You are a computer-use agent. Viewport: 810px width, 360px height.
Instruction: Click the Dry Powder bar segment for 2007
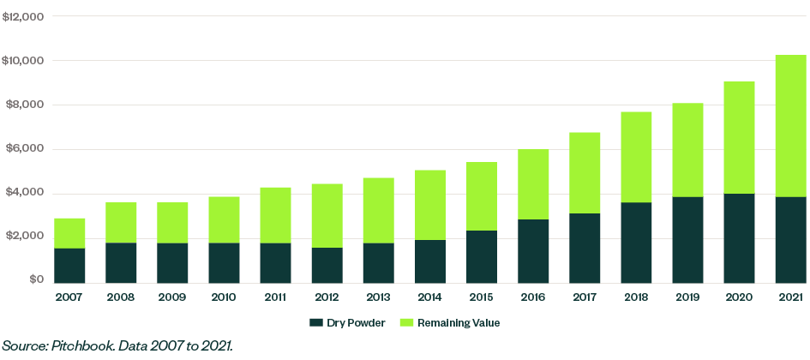69,265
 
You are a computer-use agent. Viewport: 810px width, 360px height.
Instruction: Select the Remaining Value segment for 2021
790,126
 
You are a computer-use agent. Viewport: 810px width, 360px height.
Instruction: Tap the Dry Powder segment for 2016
532,250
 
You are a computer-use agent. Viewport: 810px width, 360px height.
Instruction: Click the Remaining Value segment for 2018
636,157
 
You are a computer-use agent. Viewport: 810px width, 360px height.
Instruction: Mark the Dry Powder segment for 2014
429,261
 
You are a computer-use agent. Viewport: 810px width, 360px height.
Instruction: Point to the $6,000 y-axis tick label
25,149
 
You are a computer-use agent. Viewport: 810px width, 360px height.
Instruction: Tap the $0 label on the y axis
34,280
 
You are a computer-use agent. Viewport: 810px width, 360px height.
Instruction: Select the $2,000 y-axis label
25,237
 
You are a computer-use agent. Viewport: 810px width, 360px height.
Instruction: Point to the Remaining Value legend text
467,323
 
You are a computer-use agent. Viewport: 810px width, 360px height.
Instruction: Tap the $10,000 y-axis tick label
23,61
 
